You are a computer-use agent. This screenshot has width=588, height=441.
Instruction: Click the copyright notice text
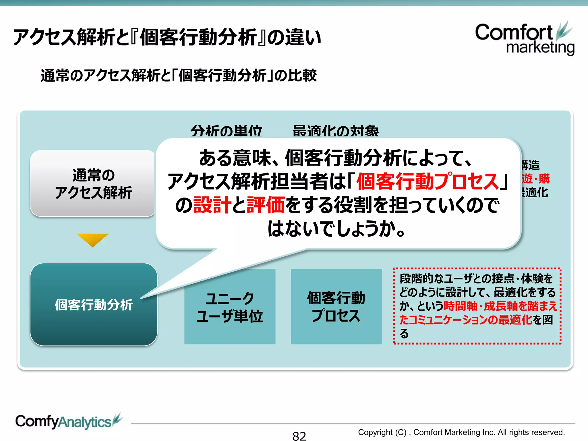pyautogui.click(x=461, y=432)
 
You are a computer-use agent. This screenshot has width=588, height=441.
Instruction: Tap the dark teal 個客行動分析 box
pyautogui.click(x=94, y=305)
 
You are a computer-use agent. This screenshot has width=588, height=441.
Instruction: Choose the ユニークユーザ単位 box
pyautogui.click(x=230, y=307)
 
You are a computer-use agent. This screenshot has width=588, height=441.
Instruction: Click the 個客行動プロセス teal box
pyautogui.click(x=336, y=307)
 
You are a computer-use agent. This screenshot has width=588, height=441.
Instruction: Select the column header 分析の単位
pyautogui.click(x=226, y=131)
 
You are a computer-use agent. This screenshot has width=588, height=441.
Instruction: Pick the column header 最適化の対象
pyautogui.click(x=335, y=131)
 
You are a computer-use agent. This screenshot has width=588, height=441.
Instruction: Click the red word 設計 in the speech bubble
pyautogui.click(x=212, y=205)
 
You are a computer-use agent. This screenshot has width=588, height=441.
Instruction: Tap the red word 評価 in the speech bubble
pyautogui.click(x=266, y=205)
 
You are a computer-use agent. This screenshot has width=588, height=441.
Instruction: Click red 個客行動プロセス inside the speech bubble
pyautogui.click(x=428, y=181)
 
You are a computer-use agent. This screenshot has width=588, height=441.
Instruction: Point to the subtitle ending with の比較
pyautogui.click(x=179, y=76)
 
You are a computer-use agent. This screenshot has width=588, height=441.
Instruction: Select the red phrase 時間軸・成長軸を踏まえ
pyautogui.click(x=500, y=306)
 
